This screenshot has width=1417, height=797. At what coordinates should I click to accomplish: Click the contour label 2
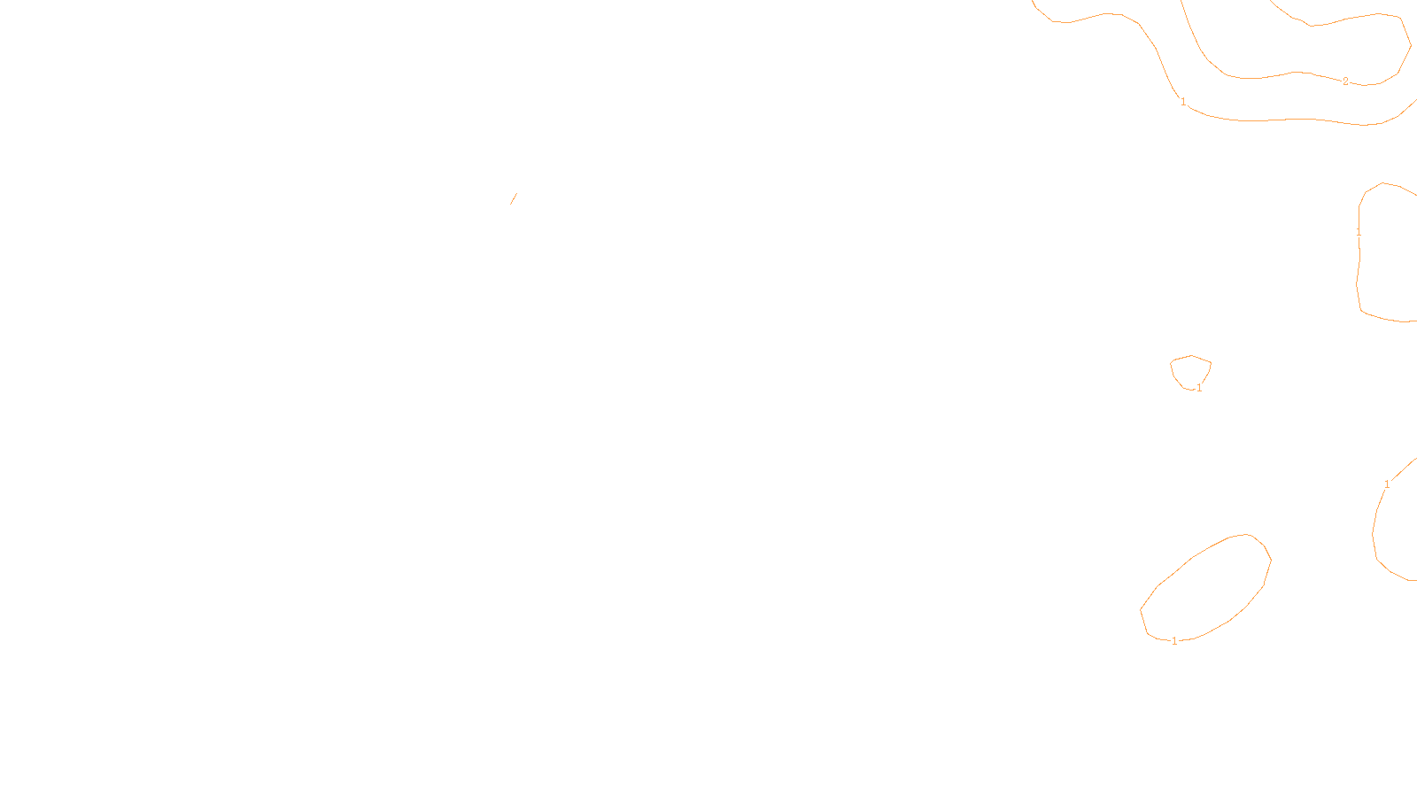(1345, 81)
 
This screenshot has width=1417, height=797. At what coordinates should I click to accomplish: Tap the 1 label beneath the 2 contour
(1183, 102)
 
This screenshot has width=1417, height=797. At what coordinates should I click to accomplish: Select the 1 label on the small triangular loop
(1199, 388)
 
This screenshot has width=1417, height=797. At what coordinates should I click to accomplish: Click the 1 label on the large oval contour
(1174, 641)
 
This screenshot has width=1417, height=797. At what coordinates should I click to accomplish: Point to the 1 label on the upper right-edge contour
(1359, 233)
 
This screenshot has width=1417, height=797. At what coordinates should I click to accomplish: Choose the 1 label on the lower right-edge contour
(1387, 484)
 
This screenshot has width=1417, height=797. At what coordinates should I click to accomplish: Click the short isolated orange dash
(513, 198)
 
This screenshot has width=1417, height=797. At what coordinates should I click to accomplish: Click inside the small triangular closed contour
(1191, 371)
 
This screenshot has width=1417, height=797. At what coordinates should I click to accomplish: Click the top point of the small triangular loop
(1191, 356)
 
